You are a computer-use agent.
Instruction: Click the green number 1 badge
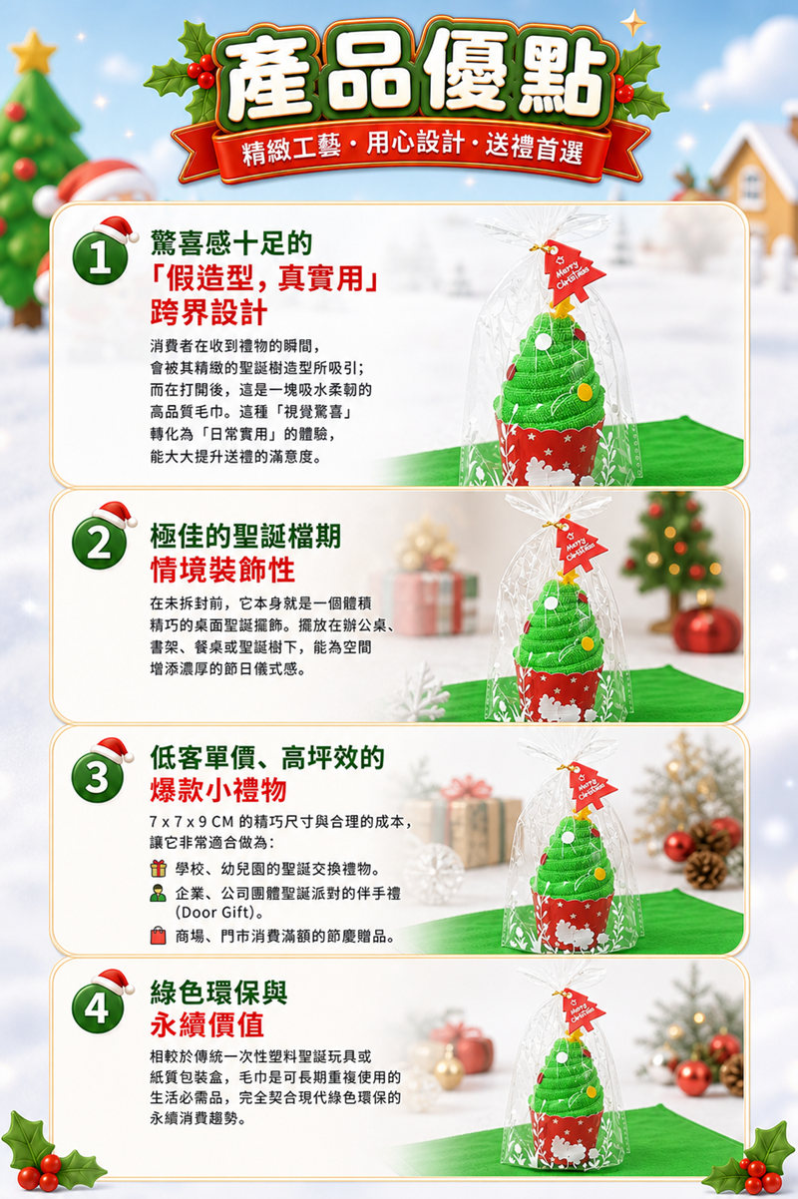click(100, 258)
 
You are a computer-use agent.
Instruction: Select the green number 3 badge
click(98, 777)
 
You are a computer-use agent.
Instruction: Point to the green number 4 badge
click(98, 1008)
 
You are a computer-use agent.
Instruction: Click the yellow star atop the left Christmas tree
click(33, 52)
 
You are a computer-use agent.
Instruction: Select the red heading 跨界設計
click(208, 312)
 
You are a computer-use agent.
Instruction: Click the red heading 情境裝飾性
click(222, 570)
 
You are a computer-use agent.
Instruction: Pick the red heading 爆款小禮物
click(218, 790)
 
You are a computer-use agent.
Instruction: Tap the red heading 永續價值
click(207, 1025)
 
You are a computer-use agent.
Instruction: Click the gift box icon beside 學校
click(159, 868)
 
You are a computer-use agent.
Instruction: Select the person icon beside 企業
click(158, 894)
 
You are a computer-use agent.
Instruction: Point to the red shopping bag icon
click(158, 936)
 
